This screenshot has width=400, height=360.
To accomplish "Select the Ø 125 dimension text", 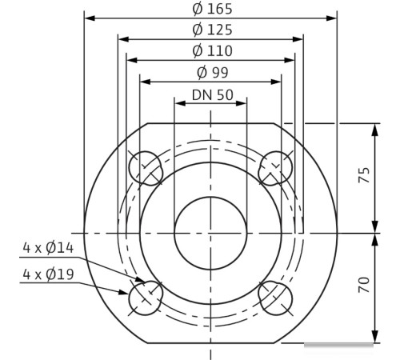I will (211, 30).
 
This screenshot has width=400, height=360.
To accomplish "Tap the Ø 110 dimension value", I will (211, 50).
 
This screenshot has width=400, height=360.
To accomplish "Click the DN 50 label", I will (211, 94).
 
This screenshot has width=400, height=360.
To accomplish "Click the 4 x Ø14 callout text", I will (49, 248).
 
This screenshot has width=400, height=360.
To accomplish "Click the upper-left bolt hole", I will (145, 167).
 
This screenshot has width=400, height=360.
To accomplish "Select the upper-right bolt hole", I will (276, 167).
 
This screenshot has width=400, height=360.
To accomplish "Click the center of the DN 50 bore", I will (210, 232).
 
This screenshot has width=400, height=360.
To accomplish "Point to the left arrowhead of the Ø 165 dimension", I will (88, 17).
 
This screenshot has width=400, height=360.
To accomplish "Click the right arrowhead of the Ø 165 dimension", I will (334, 17).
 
